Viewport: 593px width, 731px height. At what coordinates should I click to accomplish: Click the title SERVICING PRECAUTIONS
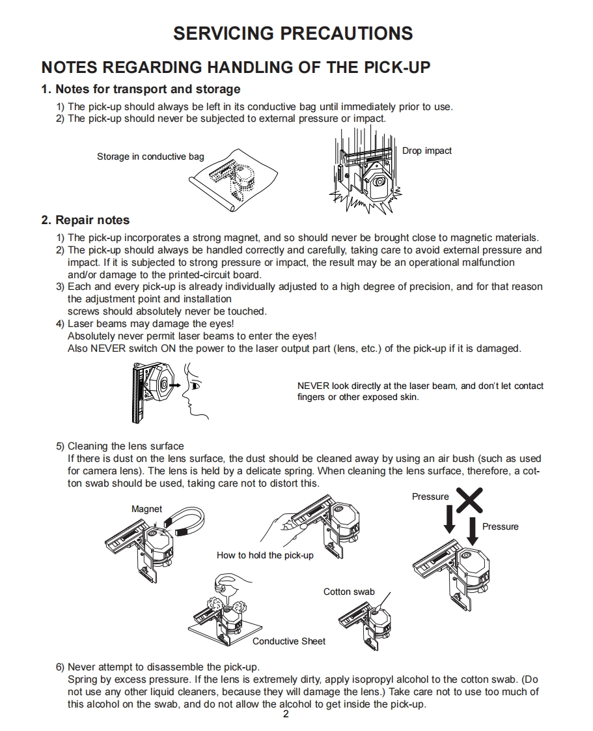[x=293, y=34]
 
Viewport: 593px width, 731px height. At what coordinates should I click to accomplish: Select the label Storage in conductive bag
[x=150, y=156]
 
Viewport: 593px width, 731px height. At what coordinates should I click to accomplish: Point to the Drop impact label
[x=426, y=150]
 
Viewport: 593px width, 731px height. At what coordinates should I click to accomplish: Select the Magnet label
[x=146, y=509]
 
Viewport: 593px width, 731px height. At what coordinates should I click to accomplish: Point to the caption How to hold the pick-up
[x=265, y=555]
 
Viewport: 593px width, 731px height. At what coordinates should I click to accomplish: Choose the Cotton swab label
[x=349, y=592]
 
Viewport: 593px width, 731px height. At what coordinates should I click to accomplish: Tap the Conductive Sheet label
[x=289, y=641]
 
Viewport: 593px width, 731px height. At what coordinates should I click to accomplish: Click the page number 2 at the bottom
[x=286, y=715]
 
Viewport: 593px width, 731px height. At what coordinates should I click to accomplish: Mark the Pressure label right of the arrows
[x=500, y=526]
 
